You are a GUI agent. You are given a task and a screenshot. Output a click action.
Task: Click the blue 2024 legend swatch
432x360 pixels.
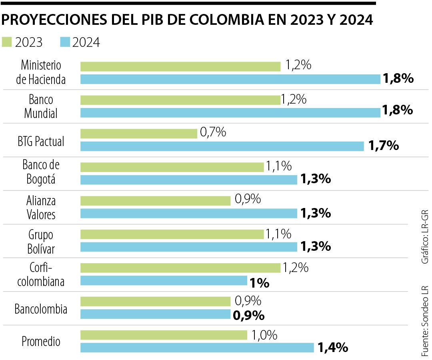click(64, 42)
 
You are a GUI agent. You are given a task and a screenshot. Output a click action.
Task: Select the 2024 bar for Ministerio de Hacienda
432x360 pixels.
click(230, 79)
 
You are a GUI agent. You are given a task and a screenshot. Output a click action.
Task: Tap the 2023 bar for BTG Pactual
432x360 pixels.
click(139, 134)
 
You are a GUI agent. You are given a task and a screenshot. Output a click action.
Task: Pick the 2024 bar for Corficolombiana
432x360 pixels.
click(164, 281)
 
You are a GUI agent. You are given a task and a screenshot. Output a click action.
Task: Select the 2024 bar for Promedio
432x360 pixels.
click(197, 348)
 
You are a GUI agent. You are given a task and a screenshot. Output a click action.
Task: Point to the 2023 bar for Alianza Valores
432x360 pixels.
click(156, 201)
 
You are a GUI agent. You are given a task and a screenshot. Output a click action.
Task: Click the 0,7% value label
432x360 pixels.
click(213, 132)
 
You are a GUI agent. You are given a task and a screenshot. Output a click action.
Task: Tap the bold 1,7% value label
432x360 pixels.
click(384, 146)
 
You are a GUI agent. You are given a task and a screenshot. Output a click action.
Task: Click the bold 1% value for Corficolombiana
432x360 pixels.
click(259, 283)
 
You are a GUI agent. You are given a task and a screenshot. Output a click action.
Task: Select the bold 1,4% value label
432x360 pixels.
click(332, 348)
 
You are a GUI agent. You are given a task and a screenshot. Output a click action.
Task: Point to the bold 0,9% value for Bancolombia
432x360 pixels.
click(248, 315)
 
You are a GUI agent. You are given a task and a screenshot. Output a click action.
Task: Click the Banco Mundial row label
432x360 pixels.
click(41, 106)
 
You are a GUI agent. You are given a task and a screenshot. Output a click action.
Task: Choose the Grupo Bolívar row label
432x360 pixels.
click(41, 241)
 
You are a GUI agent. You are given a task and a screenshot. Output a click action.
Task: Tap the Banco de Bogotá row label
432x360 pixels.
click(41, 172)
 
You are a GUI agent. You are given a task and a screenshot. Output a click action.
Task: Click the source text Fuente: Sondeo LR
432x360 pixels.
click(425, 321)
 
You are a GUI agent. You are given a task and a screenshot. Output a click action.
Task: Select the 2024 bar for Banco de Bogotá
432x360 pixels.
click(189, 180)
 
